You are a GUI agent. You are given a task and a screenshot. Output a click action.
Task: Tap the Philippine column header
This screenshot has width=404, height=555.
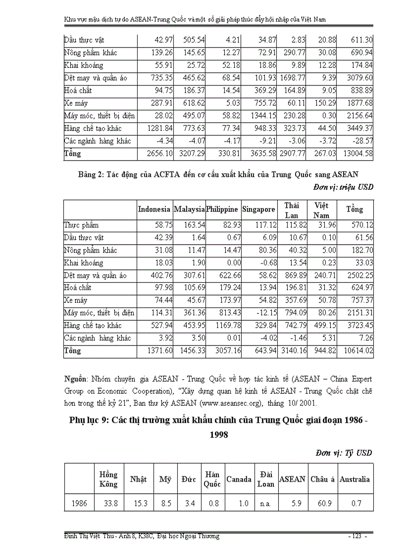pyautogui.click(x=221, y=209)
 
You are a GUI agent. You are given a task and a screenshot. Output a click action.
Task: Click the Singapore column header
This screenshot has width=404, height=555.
pyautogui.click(x=259, y=209)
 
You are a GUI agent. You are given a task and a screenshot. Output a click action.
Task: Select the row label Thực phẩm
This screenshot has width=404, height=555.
pyautogui.click(x=82, y=225)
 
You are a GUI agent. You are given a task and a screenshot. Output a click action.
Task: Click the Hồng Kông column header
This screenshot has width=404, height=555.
pyautogui.click(x=108, y=479)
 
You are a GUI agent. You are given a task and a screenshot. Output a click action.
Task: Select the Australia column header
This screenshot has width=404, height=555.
pyautogui.click(x=355, y=479)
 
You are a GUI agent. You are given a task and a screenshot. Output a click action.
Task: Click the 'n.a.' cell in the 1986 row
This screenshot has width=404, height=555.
pyautogui.click(x=265, y=503)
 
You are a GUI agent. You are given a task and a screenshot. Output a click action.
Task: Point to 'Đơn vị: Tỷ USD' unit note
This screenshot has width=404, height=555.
pyautogui.click(x=344, y=453)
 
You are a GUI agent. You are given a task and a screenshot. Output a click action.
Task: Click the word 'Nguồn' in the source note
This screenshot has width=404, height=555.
pyautogui.click(x=75, y=379)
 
